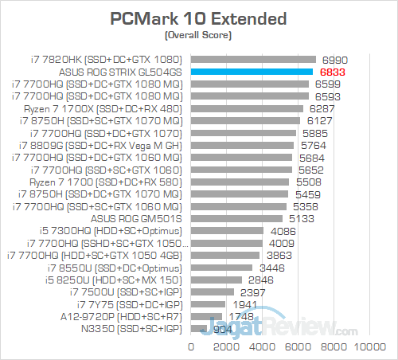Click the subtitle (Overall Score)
[x=199, y=35]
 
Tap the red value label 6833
[x=331, y=72]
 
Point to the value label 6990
[x=334, y=60]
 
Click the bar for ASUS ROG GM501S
[x=236, y=218]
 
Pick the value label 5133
[x=301, y=218]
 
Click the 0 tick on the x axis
[x=191, y=347]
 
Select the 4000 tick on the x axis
[x=263, y=347]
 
